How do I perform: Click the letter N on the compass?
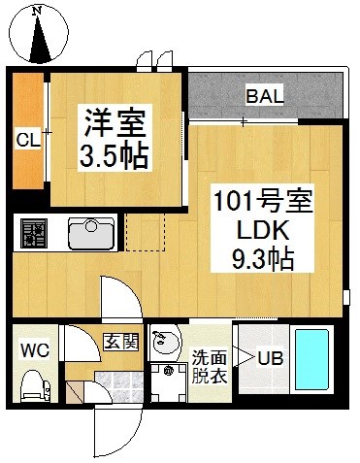coord(38,11)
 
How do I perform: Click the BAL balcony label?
coord(265,96)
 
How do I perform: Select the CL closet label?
coord(28,140)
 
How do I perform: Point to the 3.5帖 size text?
coord(114,156)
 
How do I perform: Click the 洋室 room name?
coord(115,123)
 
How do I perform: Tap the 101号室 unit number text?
coord(263,200)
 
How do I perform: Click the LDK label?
coord(263,230)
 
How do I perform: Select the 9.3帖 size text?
coord(262,258)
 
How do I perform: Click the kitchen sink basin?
coord(91,232)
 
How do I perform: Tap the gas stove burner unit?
coord(34,233)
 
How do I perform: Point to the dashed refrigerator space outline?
coord(146,232)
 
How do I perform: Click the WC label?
coord(35,350)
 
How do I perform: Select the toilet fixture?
coord(36,386)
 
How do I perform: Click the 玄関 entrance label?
coord(121,342)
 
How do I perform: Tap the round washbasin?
coord(165,343)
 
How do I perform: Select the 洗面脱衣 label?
coord(210,367)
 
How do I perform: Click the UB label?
coord(271,358)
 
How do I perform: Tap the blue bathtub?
coord(311,359)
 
